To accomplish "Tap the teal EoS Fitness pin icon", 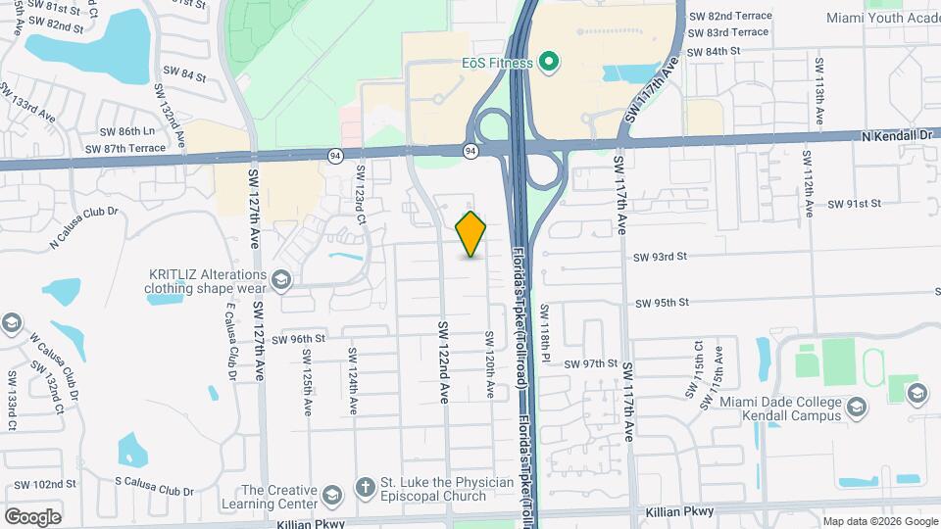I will [549, 64].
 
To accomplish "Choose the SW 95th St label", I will [663, 303].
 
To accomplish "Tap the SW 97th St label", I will [591, 363].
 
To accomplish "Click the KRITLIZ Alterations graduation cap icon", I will [281, 281].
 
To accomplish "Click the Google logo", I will [31, 516].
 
